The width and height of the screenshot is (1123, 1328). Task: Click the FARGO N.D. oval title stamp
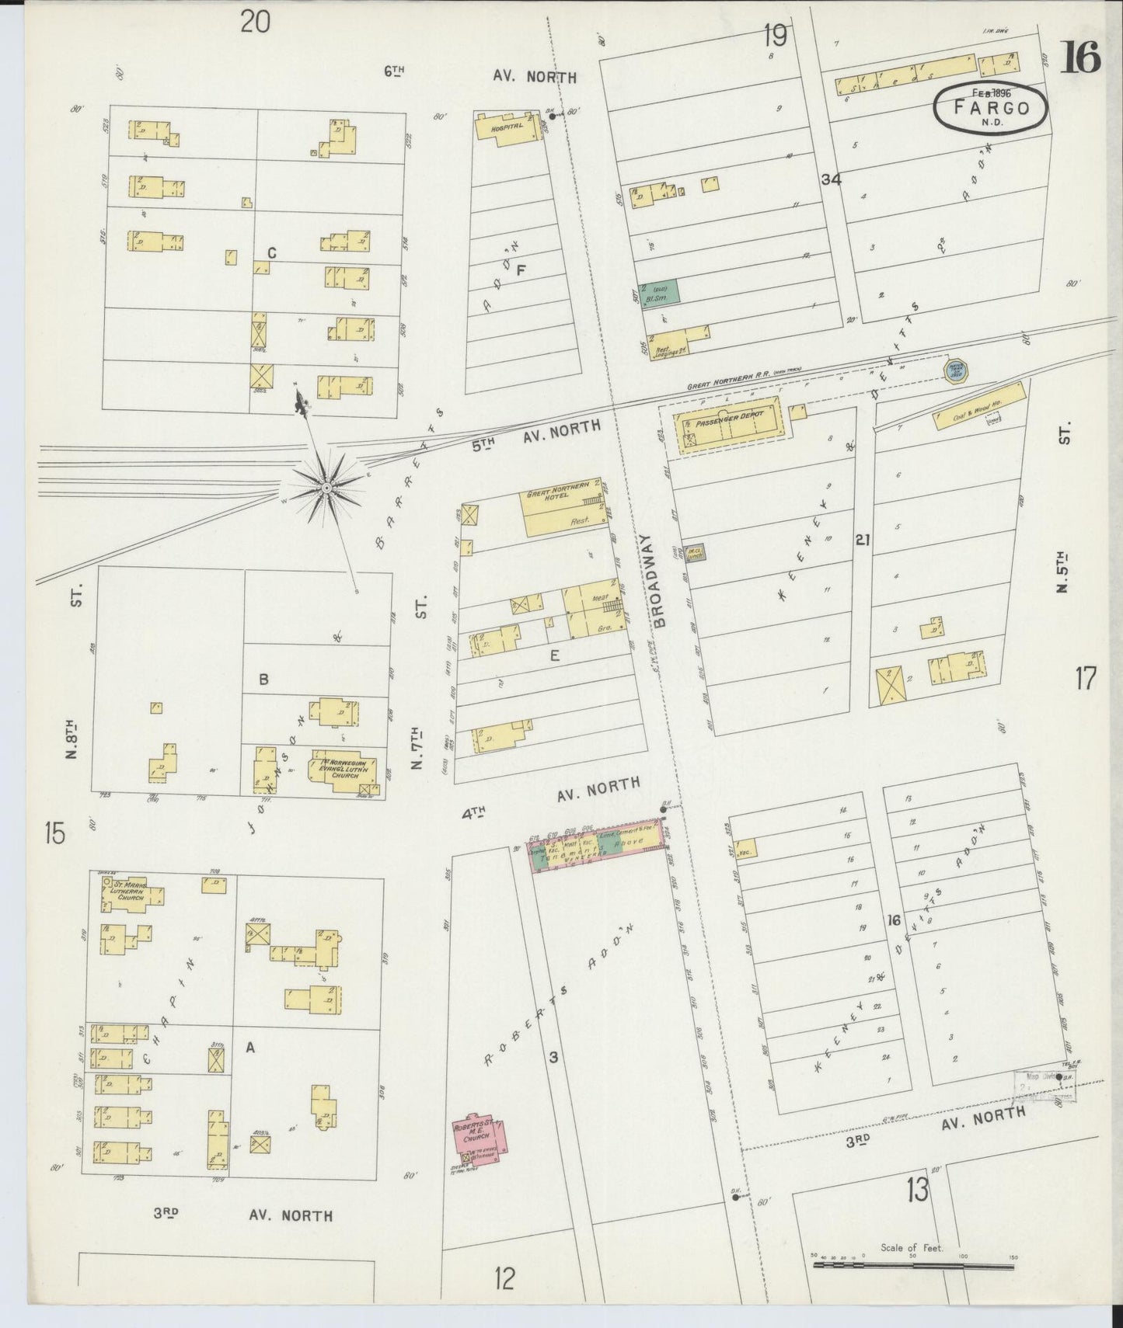(991, 109)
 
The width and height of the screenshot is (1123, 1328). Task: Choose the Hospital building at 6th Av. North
(507, 127)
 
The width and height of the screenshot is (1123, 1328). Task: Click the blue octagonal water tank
(954, 370)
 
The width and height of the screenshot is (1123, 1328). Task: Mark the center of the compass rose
(326, 488)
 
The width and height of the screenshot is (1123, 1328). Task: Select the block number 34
(831, 179)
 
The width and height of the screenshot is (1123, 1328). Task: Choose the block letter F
(521, 270)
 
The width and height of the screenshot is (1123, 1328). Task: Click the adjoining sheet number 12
(505, 1278)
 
